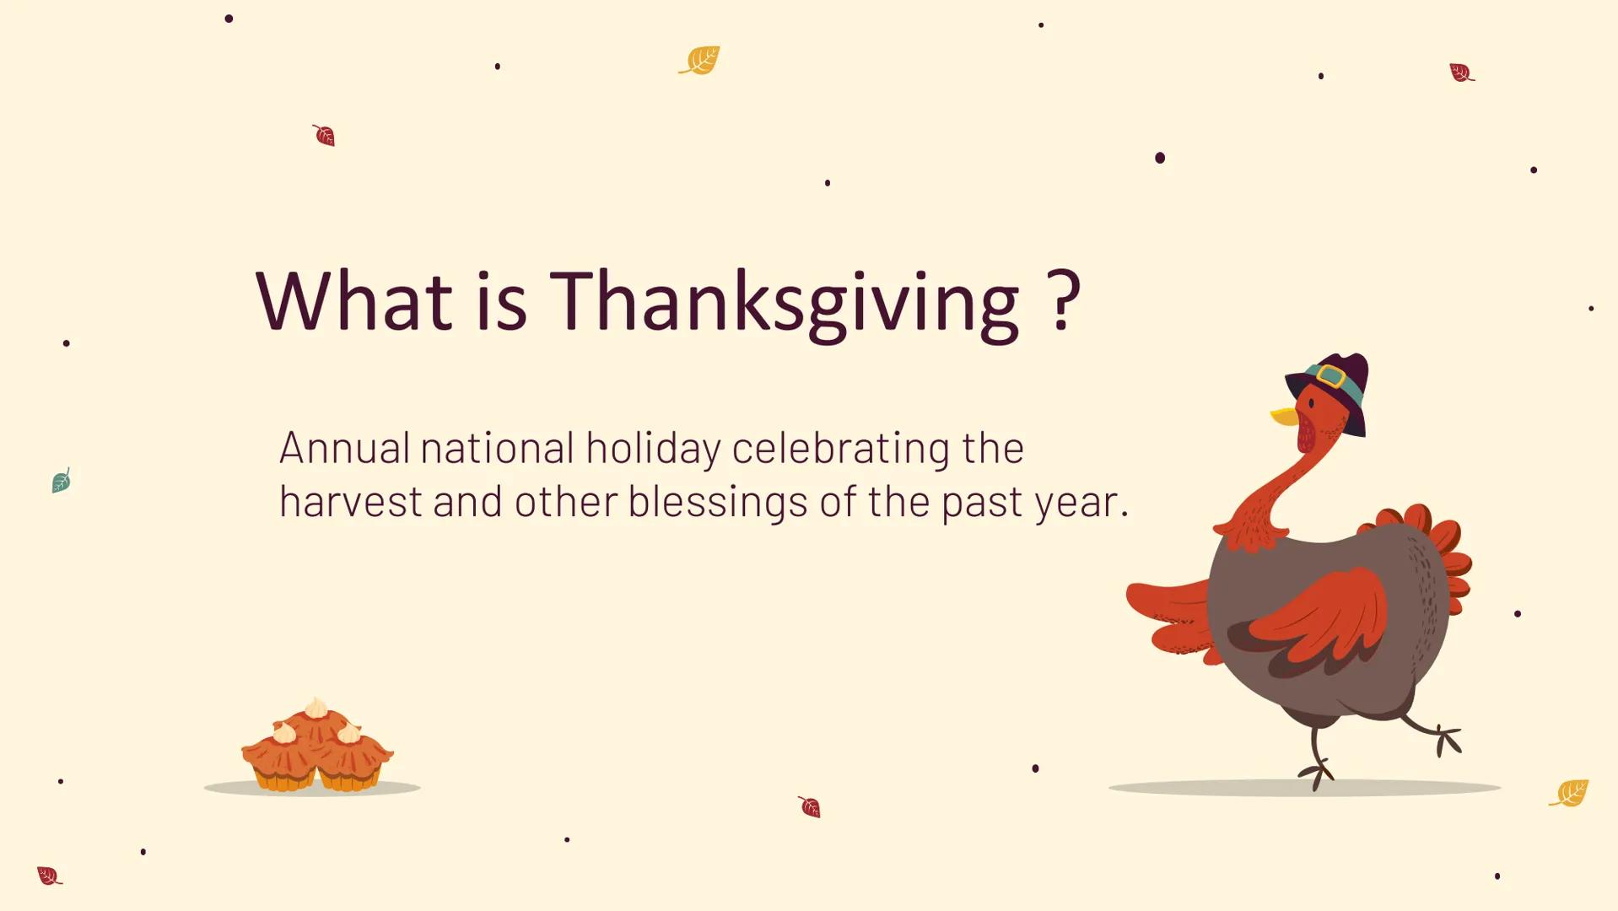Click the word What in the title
(354, 300)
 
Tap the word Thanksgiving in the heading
(785, 302)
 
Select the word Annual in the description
(344, 448)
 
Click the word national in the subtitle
(497, 448)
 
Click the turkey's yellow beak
(1283, 416)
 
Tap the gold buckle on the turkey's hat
(1330, 375)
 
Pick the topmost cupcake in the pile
(316, 719)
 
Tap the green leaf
(61, 481)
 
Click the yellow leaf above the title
(700, 60)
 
